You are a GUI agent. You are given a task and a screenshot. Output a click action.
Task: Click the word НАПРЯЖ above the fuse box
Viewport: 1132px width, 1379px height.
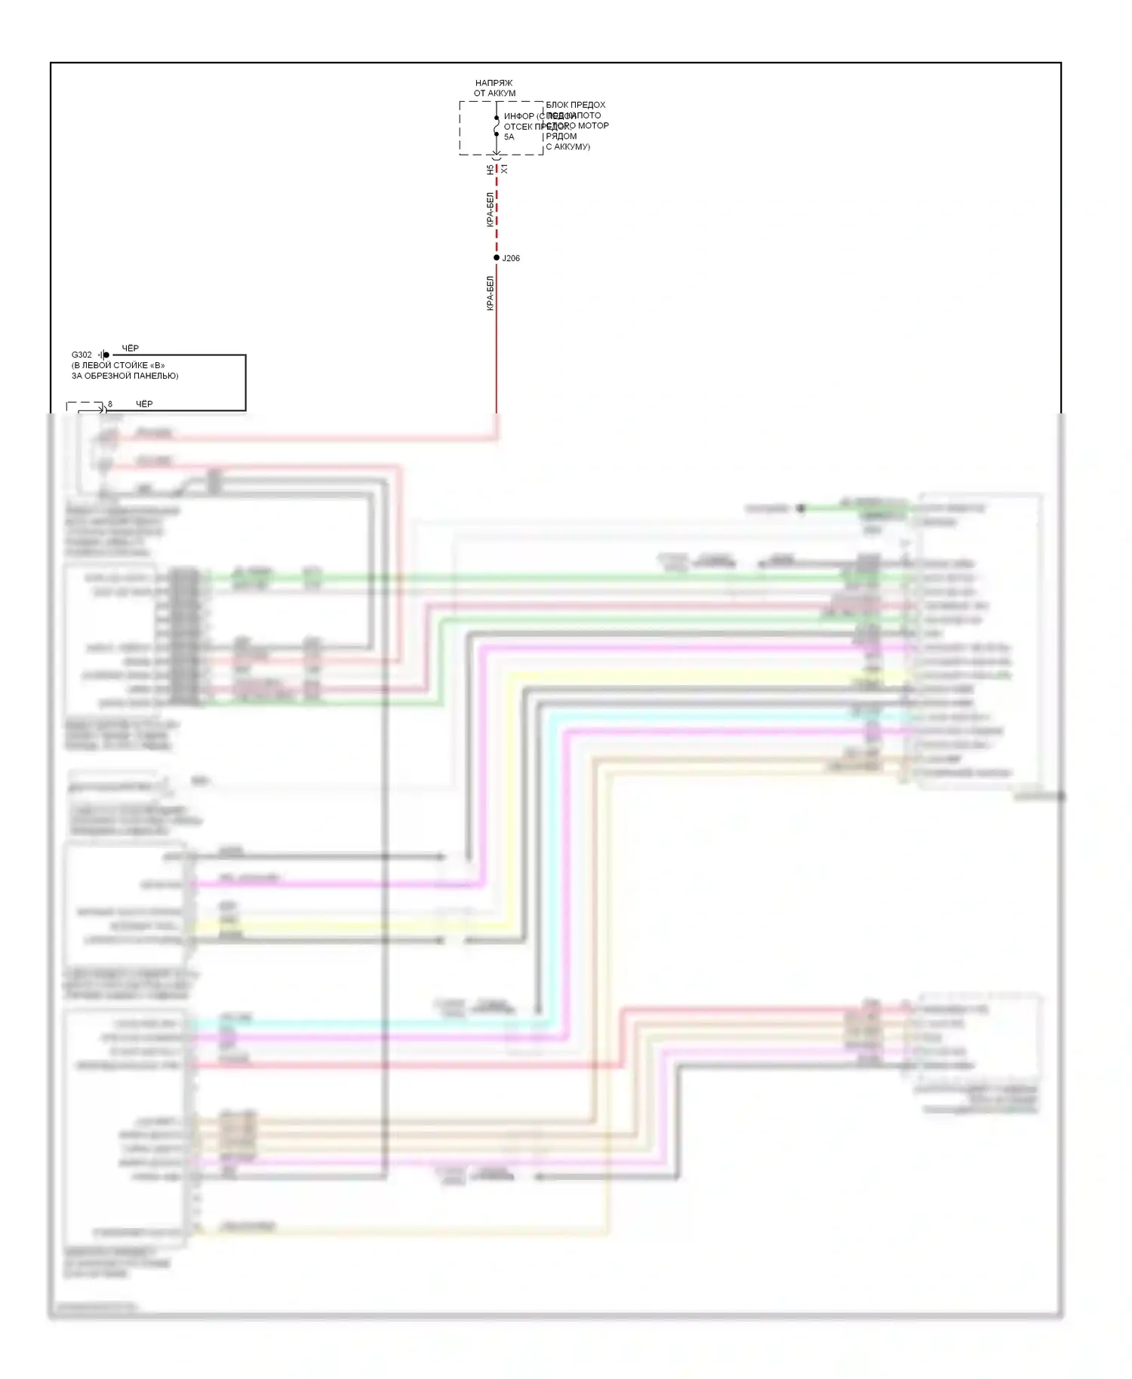pyautogui.click(x=494, y=83)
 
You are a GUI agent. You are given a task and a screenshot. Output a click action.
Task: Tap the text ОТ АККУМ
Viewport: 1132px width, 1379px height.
pyautogui.click(x=494, y=94)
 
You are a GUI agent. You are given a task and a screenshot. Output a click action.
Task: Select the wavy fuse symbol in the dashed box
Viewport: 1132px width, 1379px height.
pyautogui.click(x=497, y=127)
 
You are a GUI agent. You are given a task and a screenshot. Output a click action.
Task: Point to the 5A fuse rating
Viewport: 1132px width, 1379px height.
pyautogui.click(x=509, y=137)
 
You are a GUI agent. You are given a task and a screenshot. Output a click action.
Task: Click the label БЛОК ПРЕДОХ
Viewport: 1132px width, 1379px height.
pyautogui.click(x=576, y=105)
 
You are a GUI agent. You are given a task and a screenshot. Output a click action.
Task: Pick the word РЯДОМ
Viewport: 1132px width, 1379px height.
pyautogui.click(x=561, y=137)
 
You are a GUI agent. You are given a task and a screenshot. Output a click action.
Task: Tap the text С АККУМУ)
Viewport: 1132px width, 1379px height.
pyautogui.click(x=568, y=147)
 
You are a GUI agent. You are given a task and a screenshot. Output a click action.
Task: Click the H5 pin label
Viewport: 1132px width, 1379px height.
pyautogui.click(x=490, y=170)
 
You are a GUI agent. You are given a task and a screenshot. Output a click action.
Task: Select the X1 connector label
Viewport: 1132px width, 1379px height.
pyautogui.click(x=504, y=170)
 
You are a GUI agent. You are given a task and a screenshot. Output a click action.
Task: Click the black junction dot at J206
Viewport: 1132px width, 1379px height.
pyautogui.click(x=497, y=258)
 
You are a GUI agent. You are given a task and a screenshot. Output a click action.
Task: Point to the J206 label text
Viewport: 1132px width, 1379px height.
pyautogui.click(x=511, y=258)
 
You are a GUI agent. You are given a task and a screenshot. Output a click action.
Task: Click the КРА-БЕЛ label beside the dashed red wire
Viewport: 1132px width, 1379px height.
pyautogui.click(x=490, y=209)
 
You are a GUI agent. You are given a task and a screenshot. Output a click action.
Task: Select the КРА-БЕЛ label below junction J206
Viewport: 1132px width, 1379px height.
pyautogui.click(x=490, y=293)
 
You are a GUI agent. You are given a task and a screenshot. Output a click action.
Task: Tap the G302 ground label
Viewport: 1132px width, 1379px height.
pyautogui.click(x=82, y=355)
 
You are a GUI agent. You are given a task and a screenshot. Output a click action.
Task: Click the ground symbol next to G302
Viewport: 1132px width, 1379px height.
pyautogui.click(x=103, y=355)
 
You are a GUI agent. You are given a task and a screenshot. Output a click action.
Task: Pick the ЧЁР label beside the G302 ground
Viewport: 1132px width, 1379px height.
pyautogui.click(x=131, y=349)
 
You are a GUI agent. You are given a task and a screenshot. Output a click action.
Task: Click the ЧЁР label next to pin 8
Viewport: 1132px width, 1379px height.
pyautogui.click(x=144, y=404)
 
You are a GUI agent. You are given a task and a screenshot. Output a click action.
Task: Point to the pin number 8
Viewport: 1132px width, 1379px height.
pyautogui.click(x=110, y=404)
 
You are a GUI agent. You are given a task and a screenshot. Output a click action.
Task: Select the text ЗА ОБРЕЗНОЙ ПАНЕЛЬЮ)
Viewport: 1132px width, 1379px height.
pyautogui.click(x=125, y=376)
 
